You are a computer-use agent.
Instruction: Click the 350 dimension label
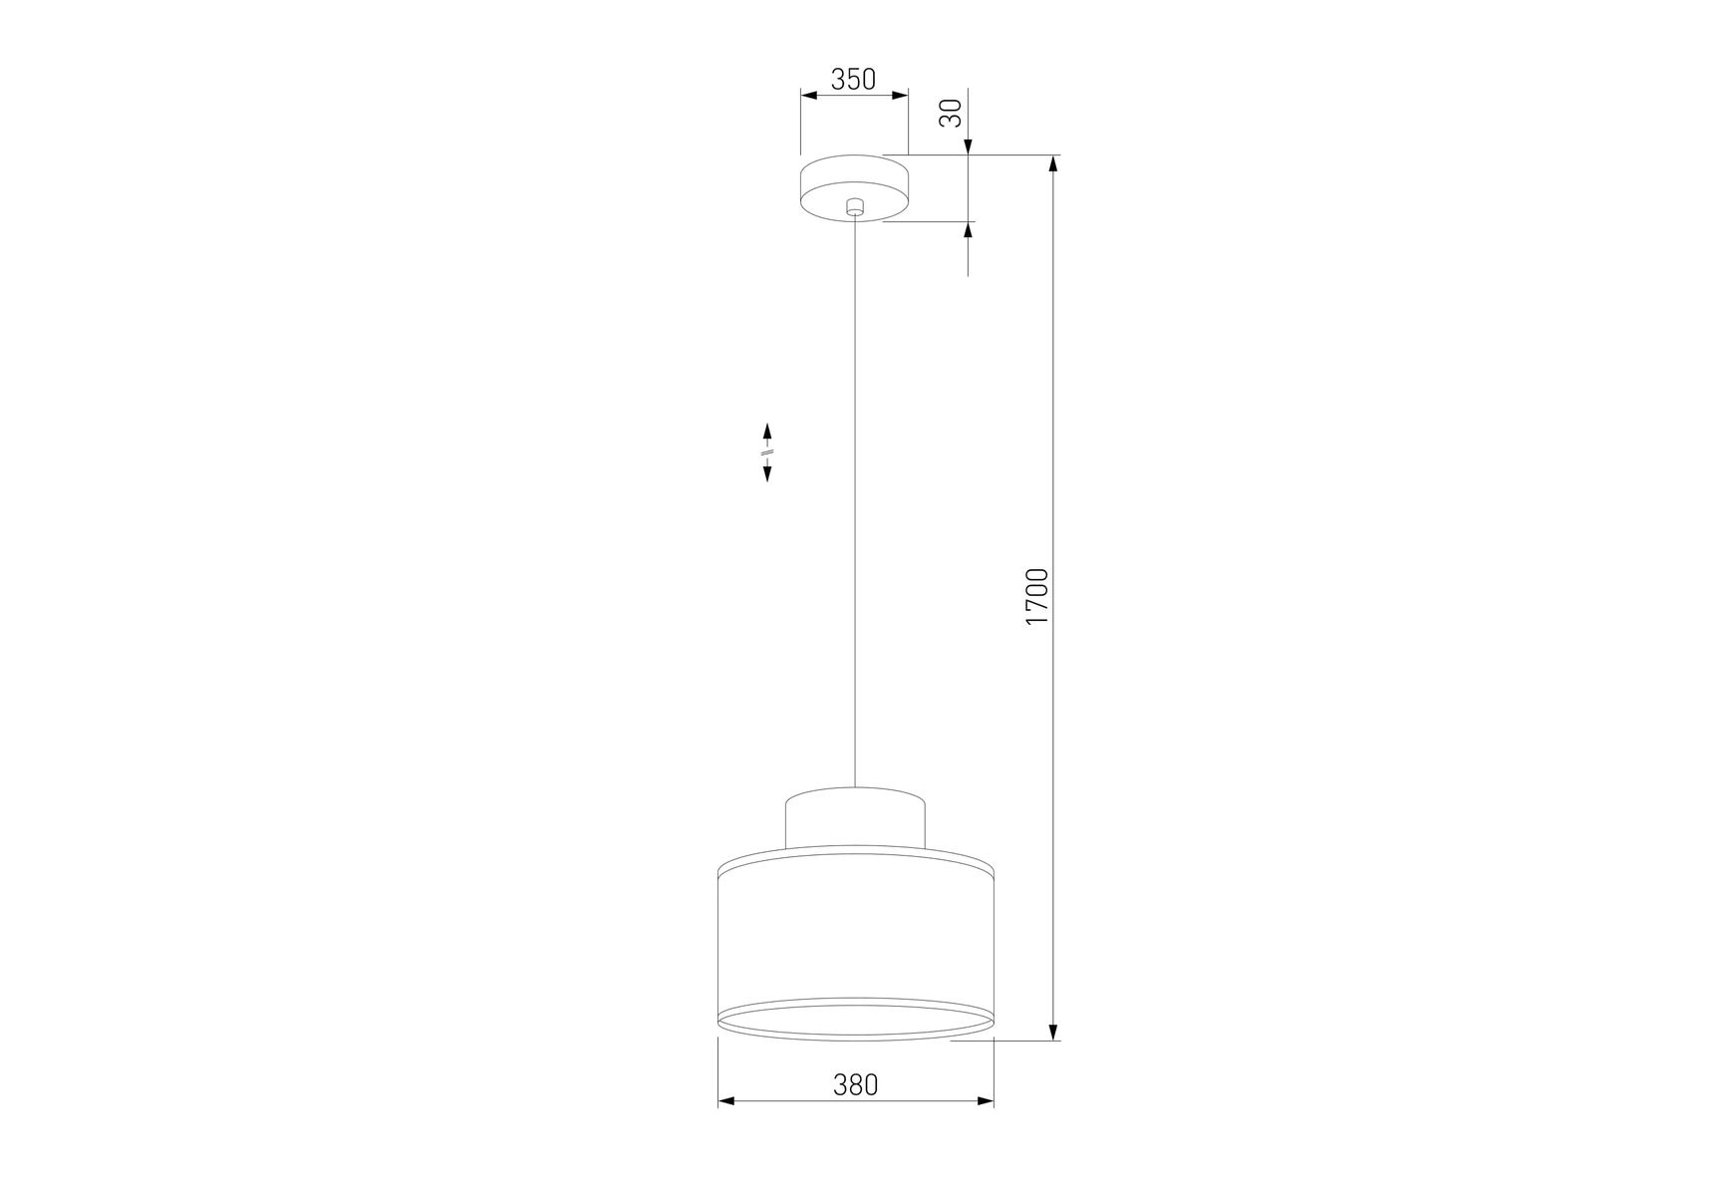pos(853,79)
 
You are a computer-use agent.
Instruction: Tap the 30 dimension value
pos(952,113)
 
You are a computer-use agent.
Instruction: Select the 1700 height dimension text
pos(1037,596)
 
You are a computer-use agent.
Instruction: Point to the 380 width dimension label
pos(856,1084)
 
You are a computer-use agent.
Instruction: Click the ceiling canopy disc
pos(855,188)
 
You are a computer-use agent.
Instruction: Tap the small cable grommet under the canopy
pos(854,207)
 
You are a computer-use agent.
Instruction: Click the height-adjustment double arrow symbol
pos(767,452)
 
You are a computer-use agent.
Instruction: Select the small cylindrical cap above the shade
pos(855,818)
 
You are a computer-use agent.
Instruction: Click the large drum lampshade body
pos(856,942)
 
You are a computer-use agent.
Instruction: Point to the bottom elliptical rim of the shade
pos(856,1037)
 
